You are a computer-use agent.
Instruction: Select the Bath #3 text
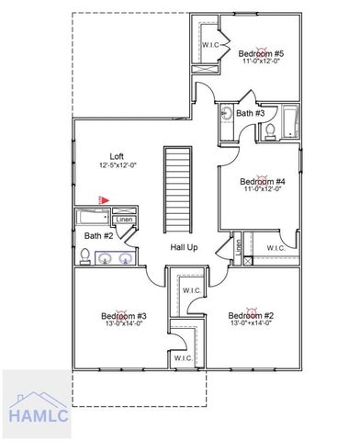250,113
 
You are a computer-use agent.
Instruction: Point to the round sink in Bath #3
227,115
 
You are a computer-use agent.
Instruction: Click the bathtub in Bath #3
291,121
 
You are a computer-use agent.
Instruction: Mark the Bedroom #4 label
263,181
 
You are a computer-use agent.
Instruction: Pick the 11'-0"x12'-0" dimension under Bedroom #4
263,190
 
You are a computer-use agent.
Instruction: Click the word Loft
117,156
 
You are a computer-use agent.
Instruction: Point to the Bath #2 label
98,236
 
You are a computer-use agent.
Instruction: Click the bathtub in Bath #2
93,219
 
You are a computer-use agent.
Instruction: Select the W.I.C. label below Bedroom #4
276,248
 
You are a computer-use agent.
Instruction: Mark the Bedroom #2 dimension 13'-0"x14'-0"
250,324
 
